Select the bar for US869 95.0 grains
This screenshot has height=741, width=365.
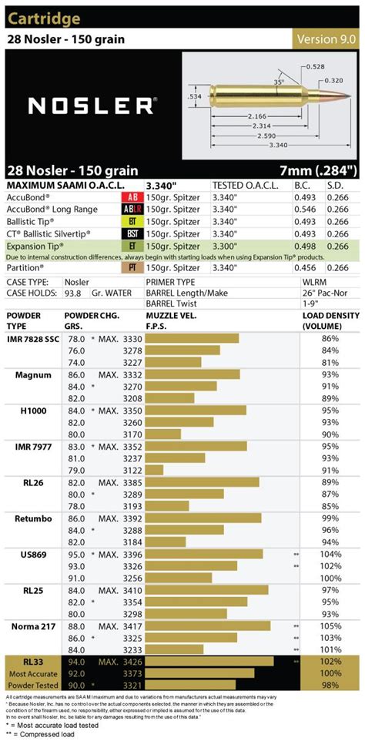(x=203, y=553)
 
